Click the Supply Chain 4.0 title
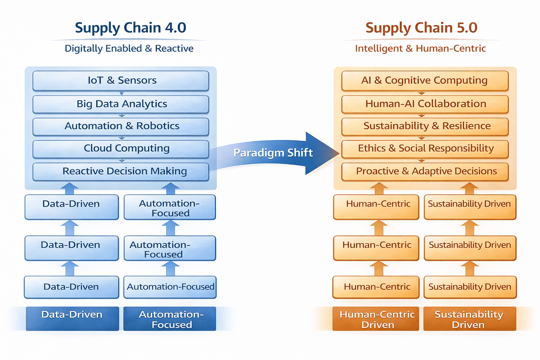pyautogui.click(x=130, y=28)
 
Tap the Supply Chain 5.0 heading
pyautogui.click(x=421, y=28)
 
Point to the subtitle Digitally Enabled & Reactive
pyautogui.click(x=129, y=49)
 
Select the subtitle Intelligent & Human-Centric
pyautogui.click(x=420, y=49)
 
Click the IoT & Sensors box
pyautogui.click(x=121, y=81)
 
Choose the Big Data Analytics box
pyautogui.click(x=121, y=104)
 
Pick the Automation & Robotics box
pyautogui.click(x=121, y=126)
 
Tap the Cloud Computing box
pyautogui.click(x=121, y=149)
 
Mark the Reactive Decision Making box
pyautogui.click(x=121, y=171)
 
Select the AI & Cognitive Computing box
pyautogui.click(x=425, y=81)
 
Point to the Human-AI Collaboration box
pyautogui.click(x=425, y=104)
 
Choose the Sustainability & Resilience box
pyautogui.click(x=425, y=126)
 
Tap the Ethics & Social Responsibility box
pyautogui.click(x=425, y=149)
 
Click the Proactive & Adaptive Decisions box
pyautogui.click(x=425, y=171)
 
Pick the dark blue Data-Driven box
pyautogui.click(x=72, y=319)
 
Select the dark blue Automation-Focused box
pyautogui.click(x=170, y=319)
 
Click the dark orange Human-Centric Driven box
pyautogui.click(x=376, y=319)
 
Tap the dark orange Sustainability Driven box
pyautogui.click(x=470, y=319)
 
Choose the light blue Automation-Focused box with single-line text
pyautogui.click(x=170, y=287)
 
